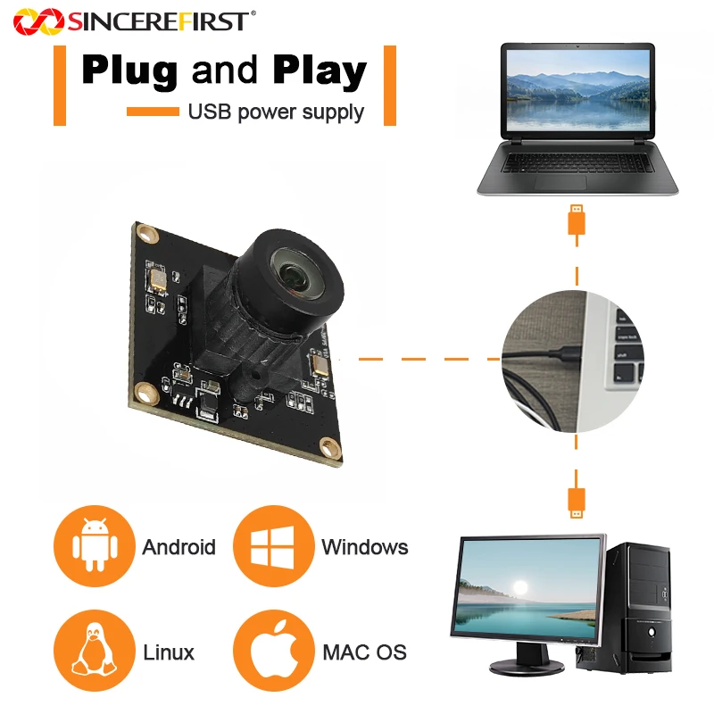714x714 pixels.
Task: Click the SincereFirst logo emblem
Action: tap(38, 21)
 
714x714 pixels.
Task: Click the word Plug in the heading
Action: tap(129, 71)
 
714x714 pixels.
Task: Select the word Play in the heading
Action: tap(320, 71)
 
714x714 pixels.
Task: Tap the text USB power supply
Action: tap(276, 112)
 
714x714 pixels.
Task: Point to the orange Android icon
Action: tap(95, 545)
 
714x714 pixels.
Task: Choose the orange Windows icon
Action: tap(274, 545)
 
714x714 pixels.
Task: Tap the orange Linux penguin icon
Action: tap(95, 651)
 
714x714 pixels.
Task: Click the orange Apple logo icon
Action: tap(274, 651)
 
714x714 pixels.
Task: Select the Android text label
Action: tap(179, 547)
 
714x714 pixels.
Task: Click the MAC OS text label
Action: tap(364, 652)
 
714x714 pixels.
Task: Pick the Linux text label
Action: tap(169, 652)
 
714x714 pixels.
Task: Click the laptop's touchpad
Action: tap(560, 183)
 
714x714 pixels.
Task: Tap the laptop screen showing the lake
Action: tap(577, 90)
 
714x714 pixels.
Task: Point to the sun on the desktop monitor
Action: tap(520, 586)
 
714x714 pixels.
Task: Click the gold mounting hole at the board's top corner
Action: tap(147, 235)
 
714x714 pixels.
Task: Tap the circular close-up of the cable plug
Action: tap(573, 361)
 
